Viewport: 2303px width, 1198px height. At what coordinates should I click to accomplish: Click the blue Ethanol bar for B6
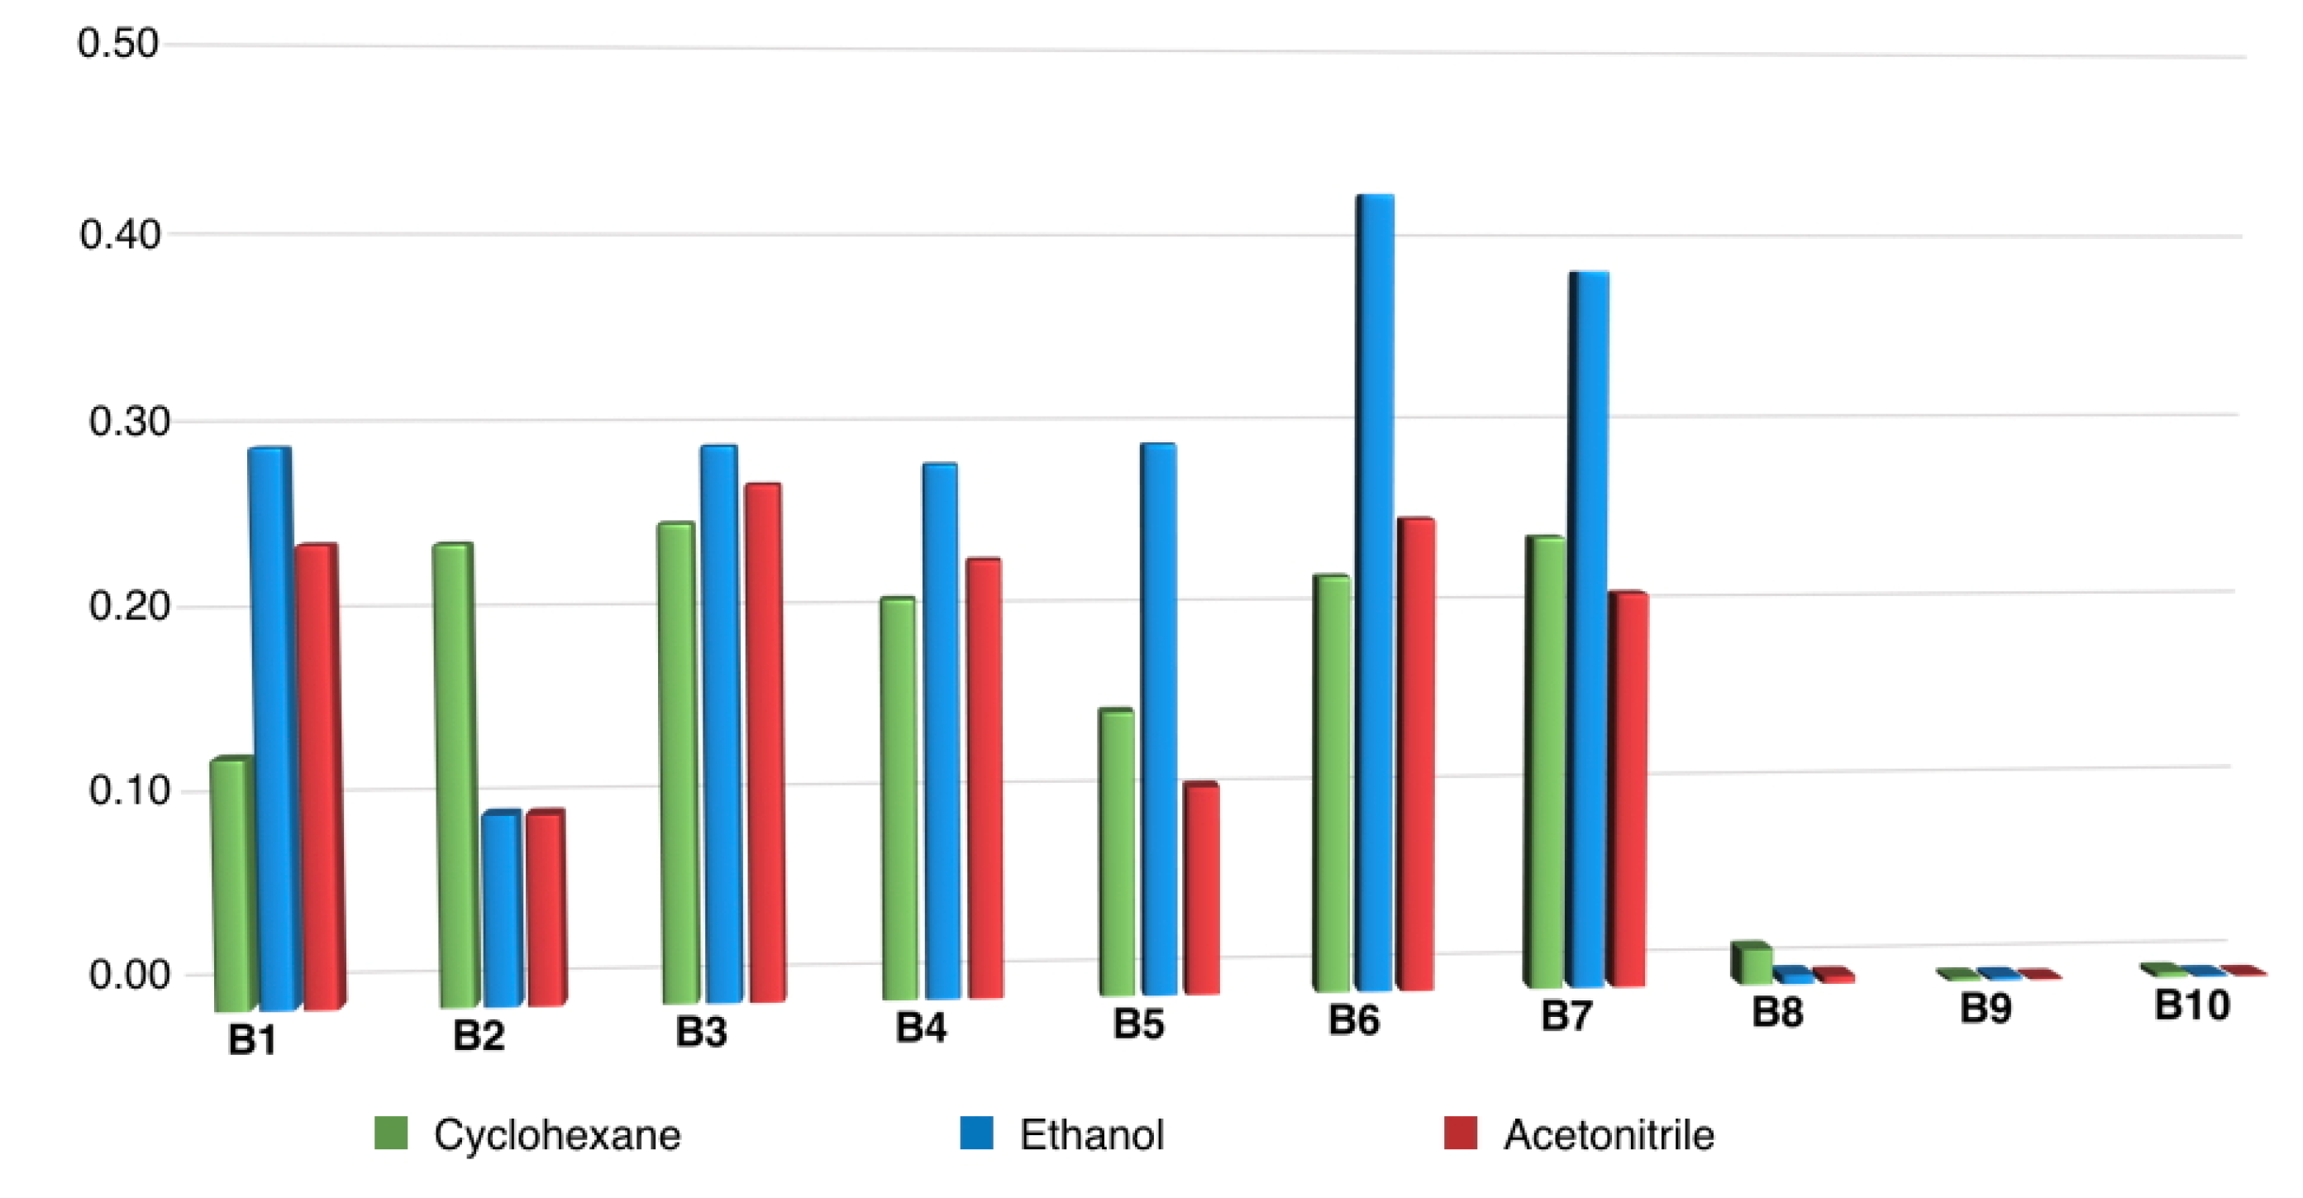click(x=1376, y=590)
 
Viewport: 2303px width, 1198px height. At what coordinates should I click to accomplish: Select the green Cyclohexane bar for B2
click(x=453, y=773)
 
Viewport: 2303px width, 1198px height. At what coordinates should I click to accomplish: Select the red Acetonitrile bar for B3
click(x=765, y=742)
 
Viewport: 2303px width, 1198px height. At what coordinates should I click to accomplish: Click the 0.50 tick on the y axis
click(x=118, y=43)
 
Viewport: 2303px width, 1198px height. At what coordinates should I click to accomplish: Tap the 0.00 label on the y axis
click(x=129, y=975)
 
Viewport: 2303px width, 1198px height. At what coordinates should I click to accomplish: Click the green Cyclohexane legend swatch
click(x=391, y=1133)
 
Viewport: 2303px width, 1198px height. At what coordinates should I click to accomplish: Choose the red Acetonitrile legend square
click(x=1460, y=1133)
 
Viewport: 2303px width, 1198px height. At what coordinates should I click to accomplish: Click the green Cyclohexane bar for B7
click(x=1547, y=760)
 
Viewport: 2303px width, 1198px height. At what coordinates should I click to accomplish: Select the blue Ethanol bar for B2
click(x=502, y=908)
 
